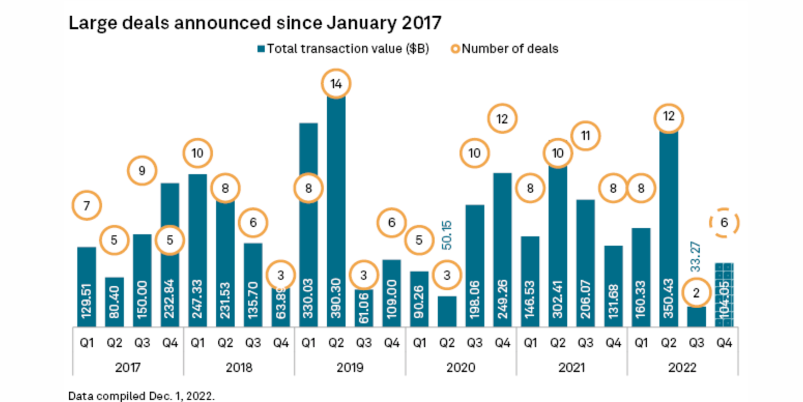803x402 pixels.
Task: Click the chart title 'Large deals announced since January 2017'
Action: coord(255,23)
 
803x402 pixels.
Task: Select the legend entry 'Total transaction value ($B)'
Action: coord(343,49)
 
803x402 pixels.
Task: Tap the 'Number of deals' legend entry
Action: coord(505,49)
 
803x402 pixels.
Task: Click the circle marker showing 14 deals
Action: coord(336,84)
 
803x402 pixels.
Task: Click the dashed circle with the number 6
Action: coord(724,223)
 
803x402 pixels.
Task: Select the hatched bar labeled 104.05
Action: coord(724,295)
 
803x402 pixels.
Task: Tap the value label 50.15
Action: coord(447,234)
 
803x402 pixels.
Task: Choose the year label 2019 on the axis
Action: coord(350,367)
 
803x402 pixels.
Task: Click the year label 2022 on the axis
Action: coord(682,367)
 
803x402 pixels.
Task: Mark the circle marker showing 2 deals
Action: coord(696,293)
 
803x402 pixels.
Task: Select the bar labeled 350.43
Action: coord(668,234)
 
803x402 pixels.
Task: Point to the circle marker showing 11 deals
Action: coord(585,136)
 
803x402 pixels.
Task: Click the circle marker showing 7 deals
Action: coord(87,206)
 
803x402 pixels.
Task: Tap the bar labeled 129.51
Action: coord(87,287)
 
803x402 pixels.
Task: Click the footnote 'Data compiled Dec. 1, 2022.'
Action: coord(141,396)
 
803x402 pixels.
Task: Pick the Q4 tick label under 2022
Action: coord(724,342)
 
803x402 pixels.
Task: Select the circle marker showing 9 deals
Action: coord(142,171)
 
